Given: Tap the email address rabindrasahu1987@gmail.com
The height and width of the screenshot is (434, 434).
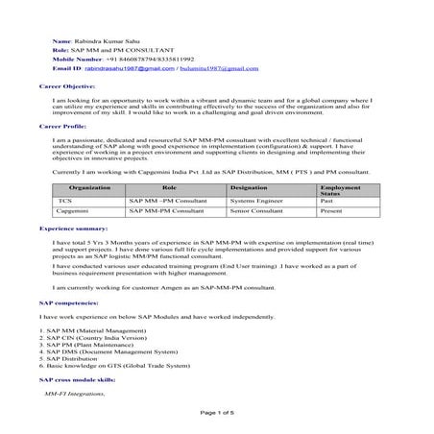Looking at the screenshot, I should pos(135,68).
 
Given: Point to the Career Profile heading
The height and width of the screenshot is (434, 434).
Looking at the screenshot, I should pos(61,126).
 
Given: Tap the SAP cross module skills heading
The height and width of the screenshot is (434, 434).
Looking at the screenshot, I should pos(75,381).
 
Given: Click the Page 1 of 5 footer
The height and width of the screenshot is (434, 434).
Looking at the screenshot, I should pos(216,412).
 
